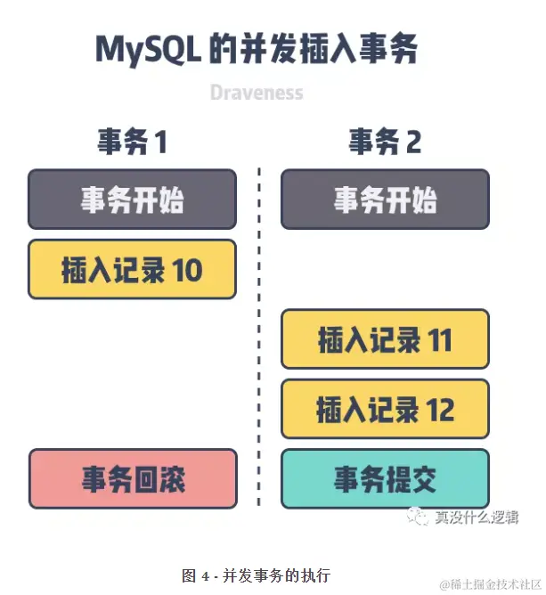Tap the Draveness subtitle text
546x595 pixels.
tap(257, 93)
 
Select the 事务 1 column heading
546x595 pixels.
tap(132, 143)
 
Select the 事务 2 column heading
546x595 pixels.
tap(385, 143)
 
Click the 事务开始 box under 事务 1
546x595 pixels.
tap(132, 200)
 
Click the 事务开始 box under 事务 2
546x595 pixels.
tap(385, 200)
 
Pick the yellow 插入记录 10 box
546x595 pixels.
tap(132, 269)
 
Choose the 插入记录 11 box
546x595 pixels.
tap(385, 339)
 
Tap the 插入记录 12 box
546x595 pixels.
tap(385, 409)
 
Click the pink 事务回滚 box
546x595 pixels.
tap(133, 479)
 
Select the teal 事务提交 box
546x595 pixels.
tap(385, 479)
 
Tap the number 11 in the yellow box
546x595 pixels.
tap(439, 340)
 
